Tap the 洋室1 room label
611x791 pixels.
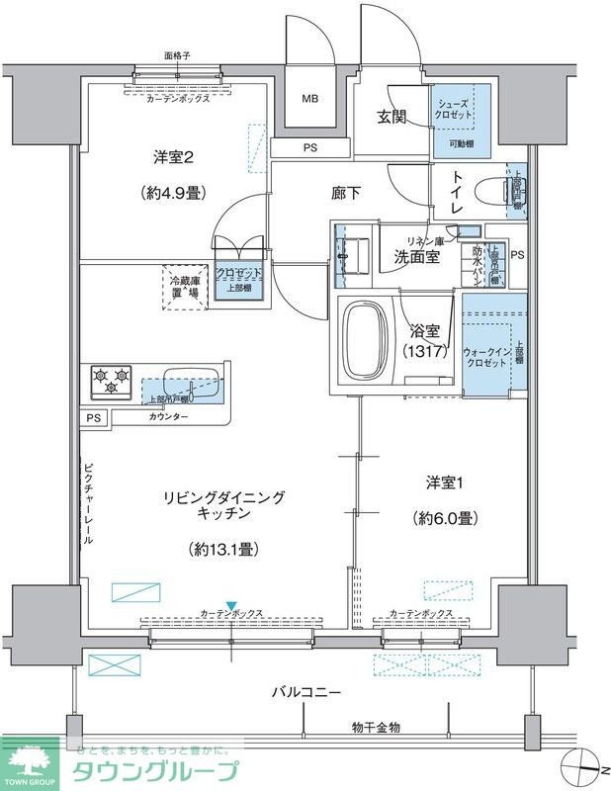(447, 482)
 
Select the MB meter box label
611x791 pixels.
(310, 99)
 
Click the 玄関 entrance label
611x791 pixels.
(393, 117)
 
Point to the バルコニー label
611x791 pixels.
(307, 692)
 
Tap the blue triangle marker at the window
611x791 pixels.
(230, 606)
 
